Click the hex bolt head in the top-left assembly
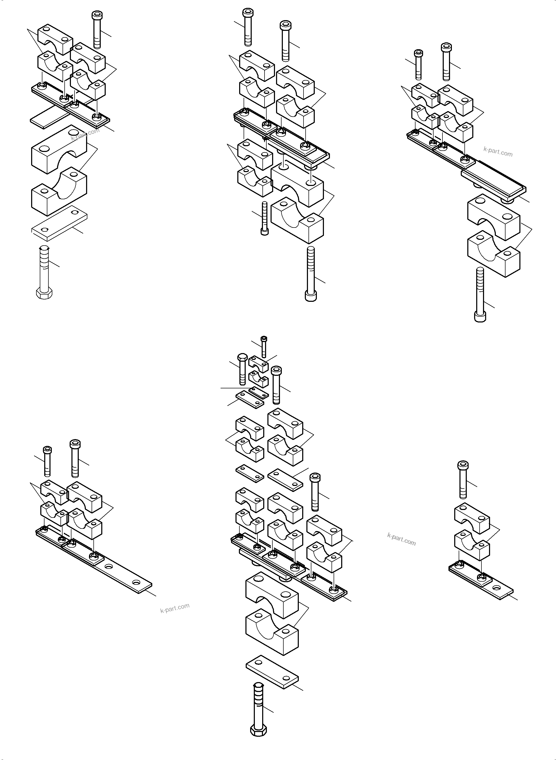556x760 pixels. [43, 294]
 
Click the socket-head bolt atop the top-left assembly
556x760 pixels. [97, 30]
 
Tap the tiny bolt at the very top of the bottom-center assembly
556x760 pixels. [264, 347]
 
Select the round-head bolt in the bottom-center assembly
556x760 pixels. [242, 369]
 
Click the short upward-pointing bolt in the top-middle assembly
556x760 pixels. [264, 218]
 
